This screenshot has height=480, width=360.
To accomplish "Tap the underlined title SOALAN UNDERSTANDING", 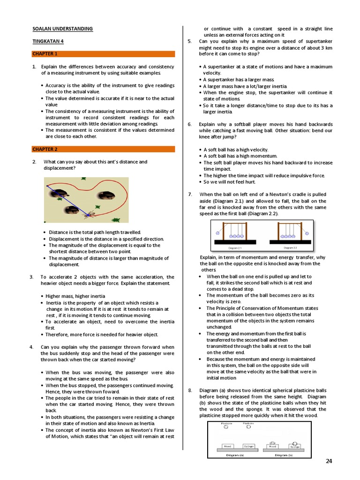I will click(x=62, y=29).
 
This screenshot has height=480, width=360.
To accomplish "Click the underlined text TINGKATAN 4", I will click(x=48, y=41).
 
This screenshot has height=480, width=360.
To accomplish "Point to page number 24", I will click(x=329, y=461).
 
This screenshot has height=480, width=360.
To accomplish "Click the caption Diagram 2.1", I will click(x=234, y=247).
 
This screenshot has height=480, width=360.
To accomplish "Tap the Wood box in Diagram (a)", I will click(x=227, y=446).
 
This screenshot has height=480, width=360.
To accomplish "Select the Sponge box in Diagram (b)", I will click(x=294, y=447).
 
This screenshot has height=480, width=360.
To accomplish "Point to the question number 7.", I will click(x=190, y=194).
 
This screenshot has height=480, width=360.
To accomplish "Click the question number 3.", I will click(x=31, y=277).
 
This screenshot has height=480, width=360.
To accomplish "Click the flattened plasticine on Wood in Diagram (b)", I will click(x=272, y=442).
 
